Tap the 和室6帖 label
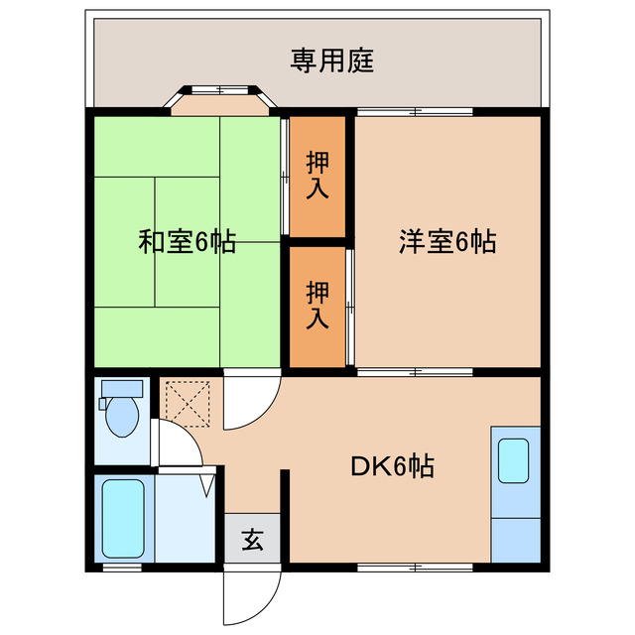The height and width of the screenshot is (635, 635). click(187, 241)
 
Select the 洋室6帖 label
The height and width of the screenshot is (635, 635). click(447, 241)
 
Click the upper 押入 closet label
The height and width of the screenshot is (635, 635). click(317, 176)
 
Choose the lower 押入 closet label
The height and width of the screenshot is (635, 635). click(317, 305)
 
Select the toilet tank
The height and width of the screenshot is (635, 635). click(122, 389)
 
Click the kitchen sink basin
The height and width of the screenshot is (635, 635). click(516, 459)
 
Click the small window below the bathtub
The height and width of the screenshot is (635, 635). click(123, 569)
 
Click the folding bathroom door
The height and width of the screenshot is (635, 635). click(208, 483)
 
